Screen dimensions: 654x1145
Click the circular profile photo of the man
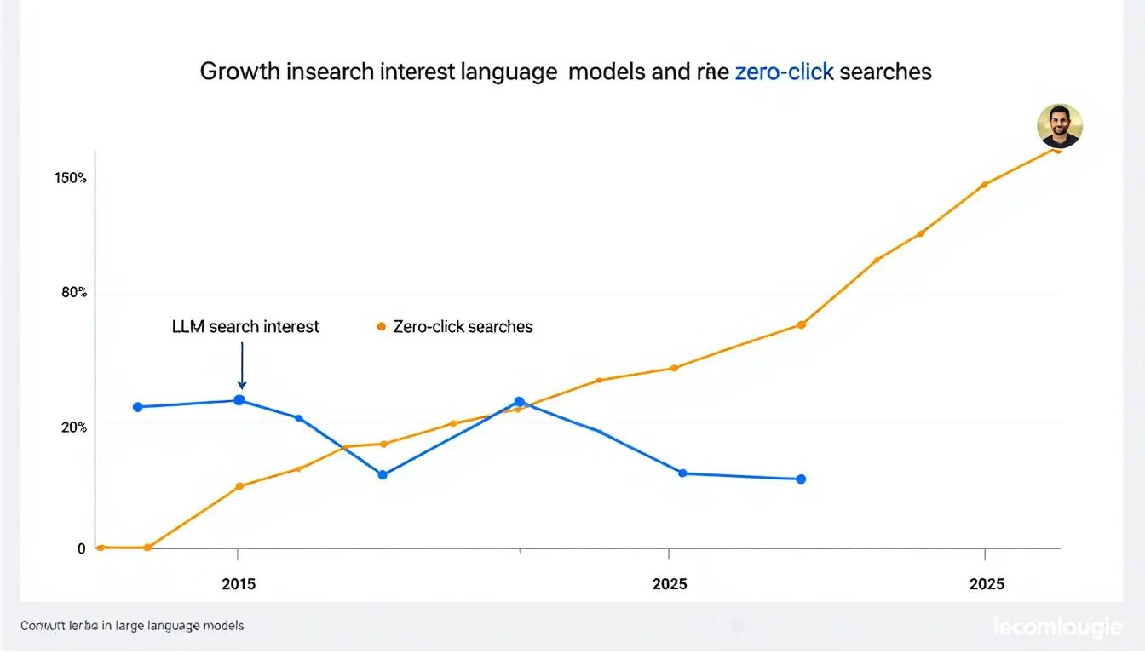click(1059, 126)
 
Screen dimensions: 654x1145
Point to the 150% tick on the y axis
click(71, 178)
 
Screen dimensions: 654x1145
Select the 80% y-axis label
click(74, 293)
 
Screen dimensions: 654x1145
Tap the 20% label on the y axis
click(74, 427)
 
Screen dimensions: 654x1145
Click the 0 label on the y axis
click(82, 549)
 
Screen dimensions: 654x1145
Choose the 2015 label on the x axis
click(238, 584)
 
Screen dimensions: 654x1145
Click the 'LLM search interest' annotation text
click(245, 326)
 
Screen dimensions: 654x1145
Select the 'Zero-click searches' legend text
click(463, 327)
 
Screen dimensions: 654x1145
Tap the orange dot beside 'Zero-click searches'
click(381, 327)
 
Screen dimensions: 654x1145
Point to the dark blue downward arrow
click(242, 366)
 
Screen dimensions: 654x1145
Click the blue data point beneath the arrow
click(239, 400)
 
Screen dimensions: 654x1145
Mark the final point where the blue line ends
click(800, 479)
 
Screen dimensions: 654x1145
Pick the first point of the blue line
click(138, 407)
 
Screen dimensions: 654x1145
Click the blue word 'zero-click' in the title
click(784, 72)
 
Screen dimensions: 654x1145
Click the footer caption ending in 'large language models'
click(132, 626)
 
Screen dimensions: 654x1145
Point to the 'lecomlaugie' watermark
click(1057, 628)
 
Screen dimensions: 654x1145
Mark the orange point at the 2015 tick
click(239, 486)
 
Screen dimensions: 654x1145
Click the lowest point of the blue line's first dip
click(383, 474)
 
